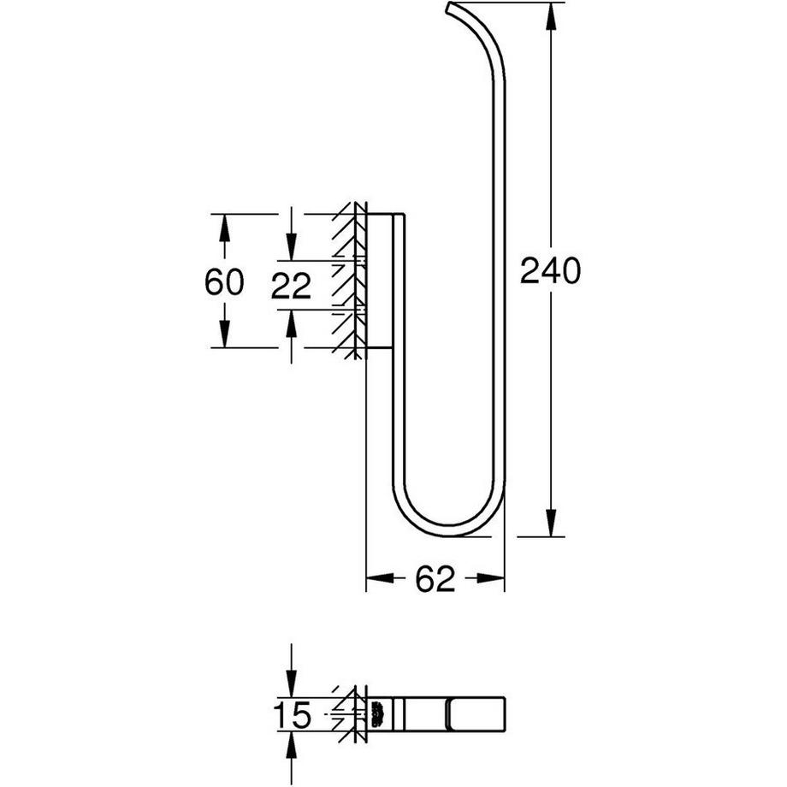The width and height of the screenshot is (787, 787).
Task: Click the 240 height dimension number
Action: click(551, 271)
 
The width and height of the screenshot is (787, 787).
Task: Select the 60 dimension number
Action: click(224, 281)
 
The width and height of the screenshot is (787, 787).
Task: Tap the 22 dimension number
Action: click(291, 287)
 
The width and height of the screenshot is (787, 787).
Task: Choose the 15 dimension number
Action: click(291, 715)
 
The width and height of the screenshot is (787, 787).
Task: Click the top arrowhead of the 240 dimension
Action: click(551, 17)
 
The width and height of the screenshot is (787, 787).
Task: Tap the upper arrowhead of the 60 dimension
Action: click(224, 228)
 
